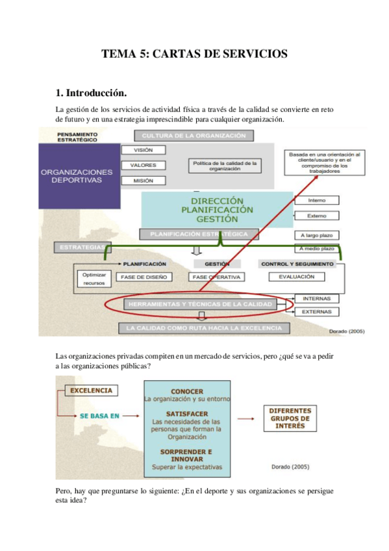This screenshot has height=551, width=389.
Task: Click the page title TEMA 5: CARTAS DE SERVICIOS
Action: [194, 55]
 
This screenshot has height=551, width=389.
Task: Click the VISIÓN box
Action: [143, 150]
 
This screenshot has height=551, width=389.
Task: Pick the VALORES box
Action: [143, 165]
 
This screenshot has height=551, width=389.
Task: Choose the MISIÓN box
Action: [143, 181]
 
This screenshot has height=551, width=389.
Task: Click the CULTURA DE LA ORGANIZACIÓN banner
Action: [194, 135]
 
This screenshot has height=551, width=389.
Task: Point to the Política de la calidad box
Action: [225, 166]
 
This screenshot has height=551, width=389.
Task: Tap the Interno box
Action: [317, 200]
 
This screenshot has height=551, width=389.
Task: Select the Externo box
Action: [317, 216]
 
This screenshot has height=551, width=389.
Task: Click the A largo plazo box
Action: [317, 235]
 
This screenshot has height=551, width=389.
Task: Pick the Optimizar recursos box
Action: [94, 279]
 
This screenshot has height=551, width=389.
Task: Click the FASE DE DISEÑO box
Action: [144, 277]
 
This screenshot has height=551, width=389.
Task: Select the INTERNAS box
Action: [316, 299]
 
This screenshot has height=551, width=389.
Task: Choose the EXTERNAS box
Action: [316, 312]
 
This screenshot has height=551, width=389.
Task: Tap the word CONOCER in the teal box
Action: [186, 391]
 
